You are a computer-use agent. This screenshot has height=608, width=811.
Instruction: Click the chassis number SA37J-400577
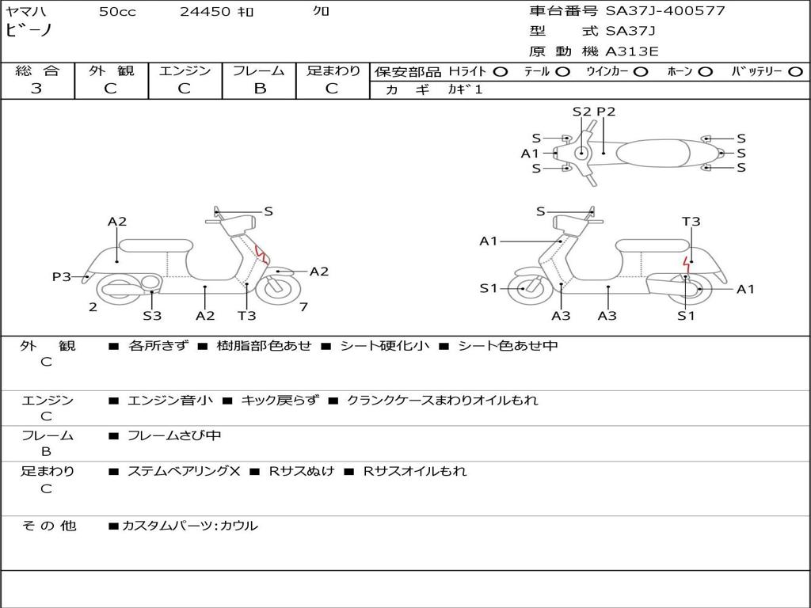click(x=665, y=11)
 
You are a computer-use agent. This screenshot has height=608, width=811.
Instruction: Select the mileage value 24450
click(x=205, y=12)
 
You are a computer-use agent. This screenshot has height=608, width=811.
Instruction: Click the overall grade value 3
click(x=36, y=89)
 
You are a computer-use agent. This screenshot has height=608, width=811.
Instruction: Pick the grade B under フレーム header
click(x=259, y=89)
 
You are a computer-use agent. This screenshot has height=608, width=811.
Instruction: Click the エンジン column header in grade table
click(x=185, y=70)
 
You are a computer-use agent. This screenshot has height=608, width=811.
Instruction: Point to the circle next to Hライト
click(x=500, y=71)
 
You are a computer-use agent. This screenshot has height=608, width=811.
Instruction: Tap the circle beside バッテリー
click(x=795, y=71)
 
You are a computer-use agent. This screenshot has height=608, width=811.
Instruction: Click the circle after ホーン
click(x=705, y=71)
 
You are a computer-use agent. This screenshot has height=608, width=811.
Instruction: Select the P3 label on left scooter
click(x=62, y=276)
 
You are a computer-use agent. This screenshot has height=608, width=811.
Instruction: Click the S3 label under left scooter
click(x=152, y=316)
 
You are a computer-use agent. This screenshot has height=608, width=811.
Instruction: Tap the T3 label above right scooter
click(x=691, y=222)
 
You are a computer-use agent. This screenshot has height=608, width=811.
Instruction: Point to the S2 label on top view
click(x=582, y=112)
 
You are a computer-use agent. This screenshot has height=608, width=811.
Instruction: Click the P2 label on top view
click(x=606, y=112)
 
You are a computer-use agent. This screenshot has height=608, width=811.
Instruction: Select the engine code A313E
click(x=631, y=51)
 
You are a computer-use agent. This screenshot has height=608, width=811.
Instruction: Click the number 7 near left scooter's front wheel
click(x=304, y=306)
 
